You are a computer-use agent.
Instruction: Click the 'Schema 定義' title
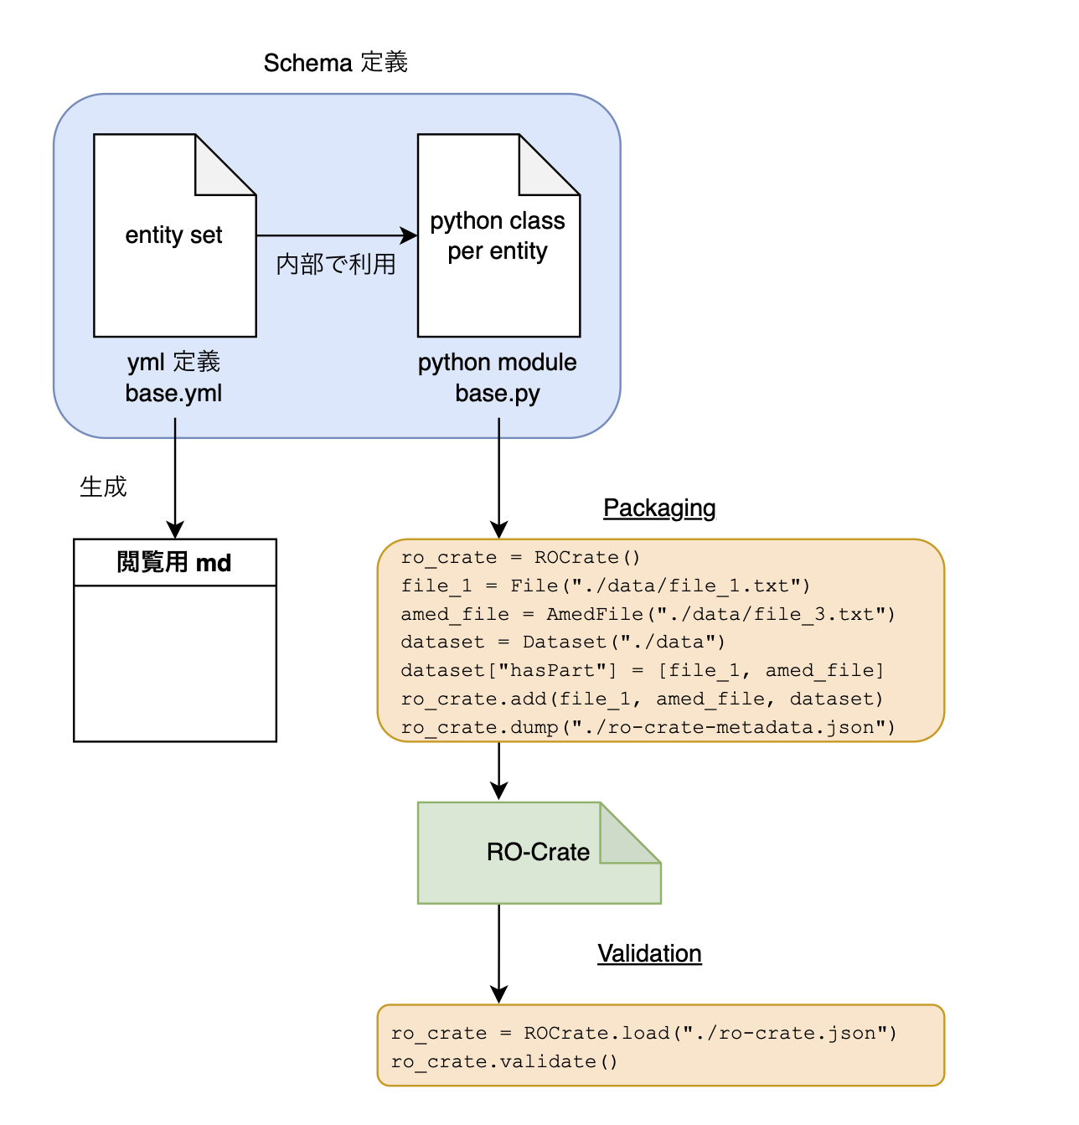tap(335, 63)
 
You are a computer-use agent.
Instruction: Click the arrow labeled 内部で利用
tap(335, 235)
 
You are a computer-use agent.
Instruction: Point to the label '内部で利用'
tap(336, 265)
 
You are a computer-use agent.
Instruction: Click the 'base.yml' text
tap(173, 393)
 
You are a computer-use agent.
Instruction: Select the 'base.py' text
tap(498, 393)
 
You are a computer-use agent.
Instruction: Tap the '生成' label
tap(103, 487)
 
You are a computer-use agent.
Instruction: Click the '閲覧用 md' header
tap(174, 562)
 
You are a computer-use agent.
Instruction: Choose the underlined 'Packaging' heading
tap(659, 508)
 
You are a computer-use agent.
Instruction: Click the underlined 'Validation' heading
tap(649, 953)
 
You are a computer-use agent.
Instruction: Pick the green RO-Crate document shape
tap(538, 853)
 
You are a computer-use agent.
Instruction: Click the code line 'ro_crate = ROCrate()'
tap(520, 558)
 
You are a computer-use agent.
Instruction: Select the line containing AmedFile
tap(648, 614)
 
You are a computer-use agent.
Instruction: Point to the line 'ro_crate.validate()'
tap(504, 1061)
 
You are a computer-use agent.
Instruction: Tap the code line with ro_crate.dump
tap(648, 727)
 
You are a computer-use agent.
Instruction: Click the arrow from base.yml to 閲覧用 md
tap(175, 477)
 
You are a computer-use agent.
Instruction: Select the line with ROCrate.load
tap(643, 1033)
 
